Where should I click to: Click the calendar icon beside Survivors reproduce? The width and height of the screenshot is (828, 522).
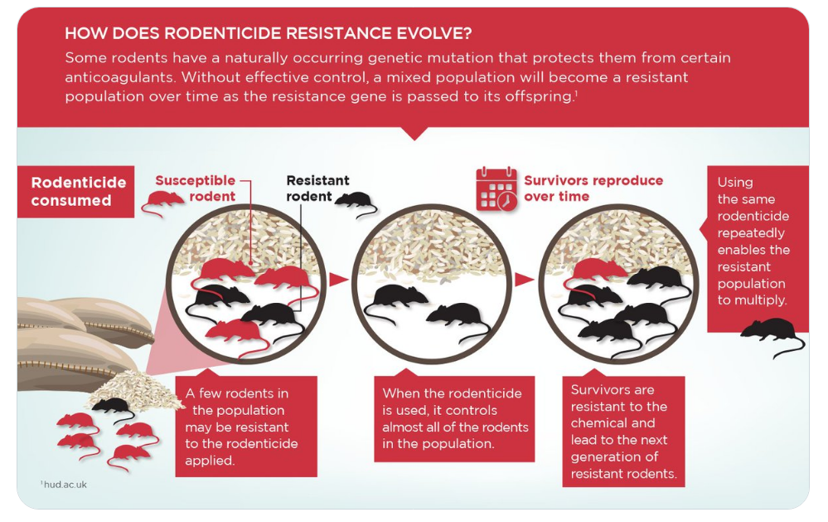[x=496, y=189]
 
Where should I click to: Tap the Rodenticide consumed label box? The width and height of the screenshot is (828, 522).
[x=76, y=192]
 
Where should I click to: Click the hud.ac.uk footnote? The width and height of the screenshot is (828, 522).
[x=64, y=485]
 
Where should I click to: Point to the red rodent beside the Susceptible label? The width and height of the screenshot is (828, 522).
[x=162, y=202]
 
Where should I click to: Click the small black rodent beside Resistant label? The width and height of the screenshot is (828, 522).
[x=356, y=202]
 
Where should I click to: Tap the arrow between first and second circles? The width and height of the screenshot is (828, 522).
[x=338, y=280]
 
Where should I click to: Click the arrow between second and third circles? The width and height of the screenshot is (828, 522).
[x=525, y=280]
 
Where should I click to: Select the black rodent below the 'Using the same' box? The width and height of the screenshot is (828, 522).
[x=772, y=336]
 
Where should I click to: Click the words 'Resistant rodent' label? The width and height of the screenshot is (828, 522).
[x=317, y=188]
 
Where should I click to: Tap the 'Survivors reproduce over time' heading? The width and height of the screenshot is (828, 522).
[x=593, y=188]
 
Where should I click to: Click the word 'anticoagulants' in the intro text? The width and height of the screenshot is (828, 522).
[x=119, y=77]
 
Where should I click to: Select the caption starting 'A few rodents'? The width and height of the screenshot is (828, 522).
[x=241, y=427]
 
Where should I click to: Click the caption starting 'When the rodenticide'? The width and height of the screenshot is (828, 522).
[x=455, y=418]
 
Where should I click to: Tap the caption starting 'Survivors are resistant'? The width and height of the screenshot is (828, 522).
[x=623, y=432]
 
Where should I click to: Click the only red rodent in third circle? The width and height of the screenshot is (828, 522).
[x=597, y=272]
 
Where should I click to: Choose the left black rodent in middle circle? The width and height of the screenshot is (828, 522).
[x=397, y=300]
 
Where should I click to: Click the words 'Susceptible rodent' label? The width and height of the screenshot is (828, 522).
[x=195, y=188]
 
